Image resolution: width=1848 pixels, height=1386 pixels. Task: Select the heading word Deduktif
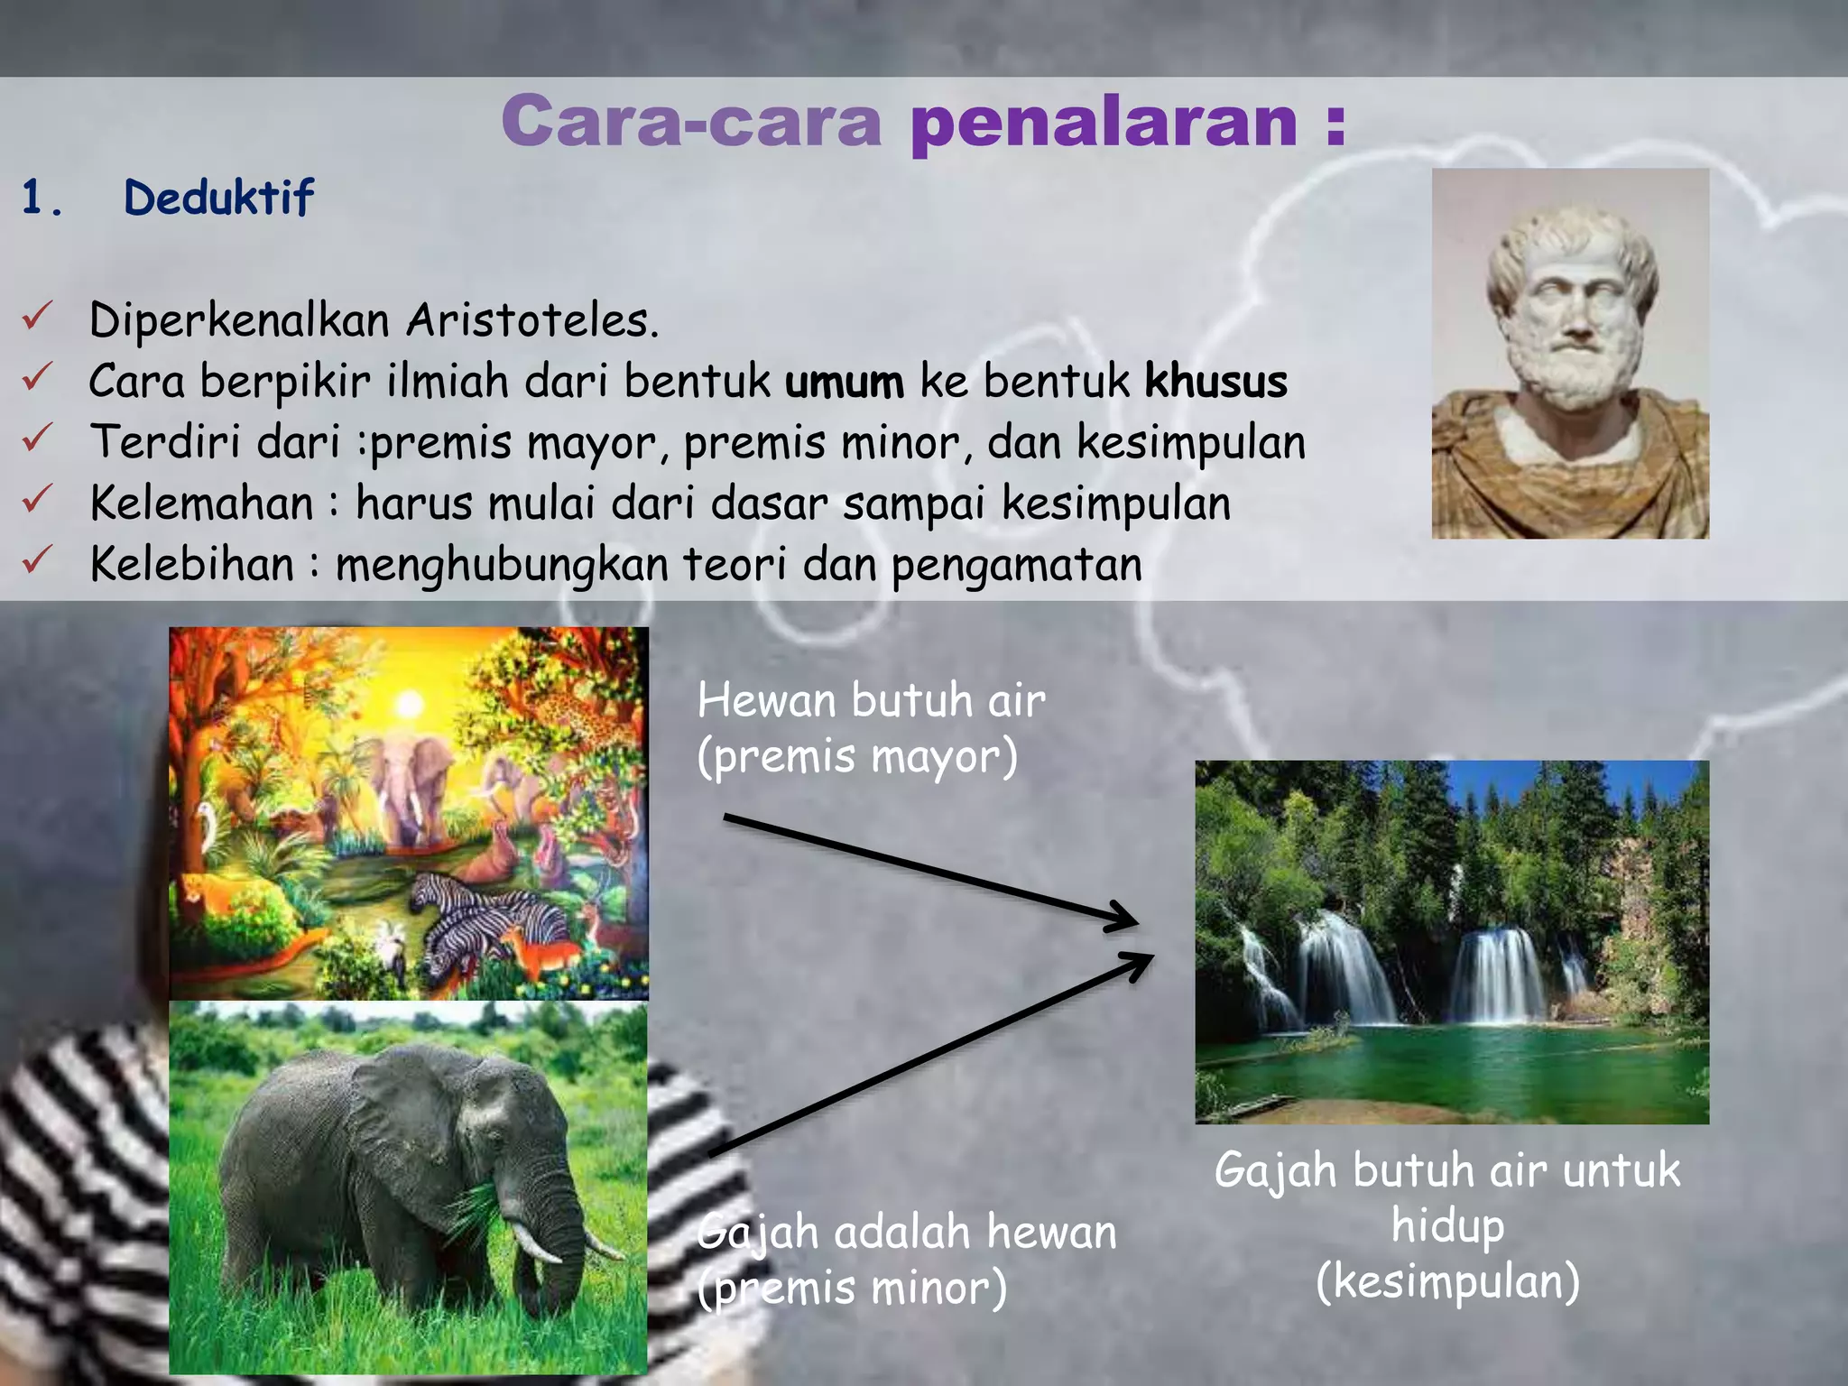point(218,199)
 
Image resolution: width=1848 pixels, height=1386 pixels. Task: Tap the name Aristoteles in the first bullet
point(531,320)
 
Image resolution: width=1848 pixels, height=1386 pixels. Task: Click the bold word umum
point(844,382)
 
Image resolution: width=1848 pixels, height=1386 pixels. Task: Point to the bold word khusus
point(1215,382)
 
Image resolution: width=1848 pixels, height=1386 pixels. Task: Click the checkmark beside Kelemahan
point(38,498)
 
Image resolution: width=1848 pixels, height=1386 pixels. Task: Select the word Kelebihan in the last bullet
point(192,565)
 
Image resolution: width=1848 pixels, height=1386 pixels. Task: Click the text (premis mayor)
point(857,756)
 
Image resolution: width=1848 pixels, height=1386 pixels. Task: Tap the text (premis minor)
point(852,1287)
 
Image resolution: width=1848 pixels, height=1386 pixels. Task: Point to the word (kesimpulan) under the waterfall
point(1447,1281)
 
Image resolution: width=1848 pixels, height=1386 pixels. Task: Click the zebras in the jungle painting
point(487,920)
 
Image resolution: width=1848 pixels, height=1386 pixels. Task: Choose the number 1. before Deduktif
point(42,199)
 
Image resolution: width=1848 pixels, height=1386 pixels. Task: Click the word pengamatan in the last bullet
point(1017,567)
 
